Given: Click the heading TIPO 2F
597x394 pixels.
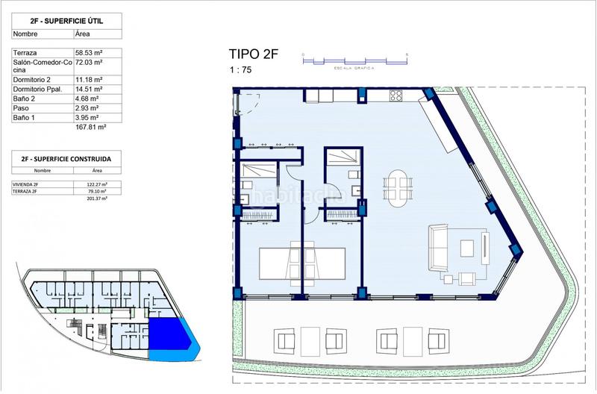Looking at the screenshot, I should pos(252,54).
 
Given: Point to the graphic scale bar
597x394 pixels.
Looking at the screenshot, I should pos(354,56).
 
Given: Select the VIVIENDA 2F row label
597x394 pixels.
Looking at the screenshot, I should pos(28,184).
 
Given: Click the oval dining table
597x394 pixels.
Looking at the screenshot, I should pos(396,184).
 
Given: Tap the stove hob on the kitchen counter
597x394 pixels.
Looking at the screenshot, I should pos(396,95).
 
